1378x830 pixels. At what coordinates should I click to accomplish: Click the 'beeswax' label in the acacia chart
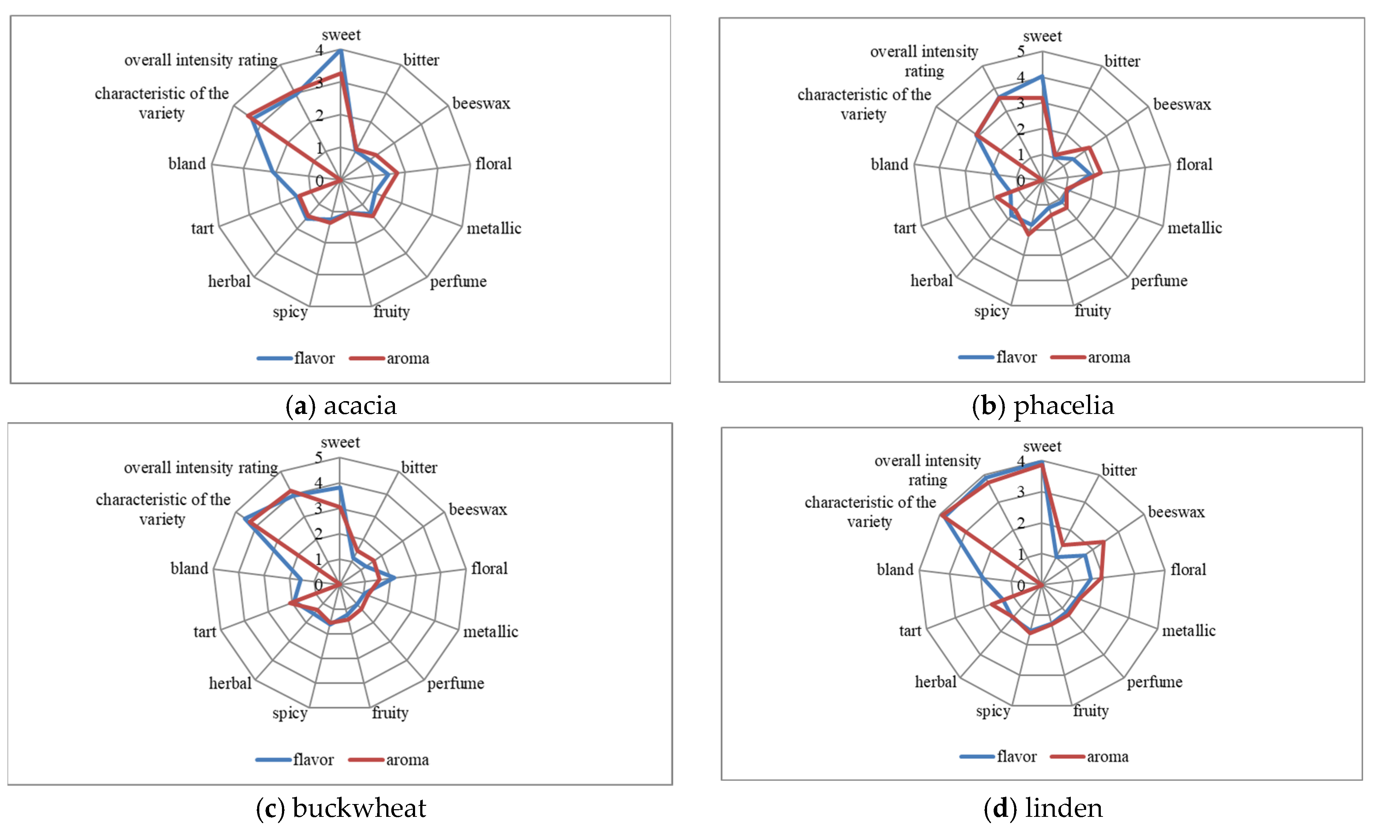point(481,103)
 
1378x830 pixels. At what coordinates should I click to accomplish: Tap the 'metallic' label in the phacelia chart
point(1194,228)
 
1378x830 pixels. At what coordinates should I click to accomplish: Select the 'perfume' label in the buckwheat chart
point(455,683)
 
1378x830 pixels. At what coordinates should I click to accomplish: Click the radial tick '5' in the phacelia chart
point(1021,52)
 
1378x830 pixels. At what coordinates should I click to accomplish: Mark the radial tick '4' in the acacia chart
point(319,50)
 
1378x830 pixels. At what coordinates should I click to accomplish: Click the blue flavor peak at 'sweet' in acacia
point(340,51)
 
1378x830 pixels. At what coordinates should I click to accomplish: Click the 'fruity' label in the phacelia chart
point(1092,310)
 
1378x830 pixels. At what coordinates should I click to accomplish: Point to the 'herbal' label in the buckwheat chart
point(230,683)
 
